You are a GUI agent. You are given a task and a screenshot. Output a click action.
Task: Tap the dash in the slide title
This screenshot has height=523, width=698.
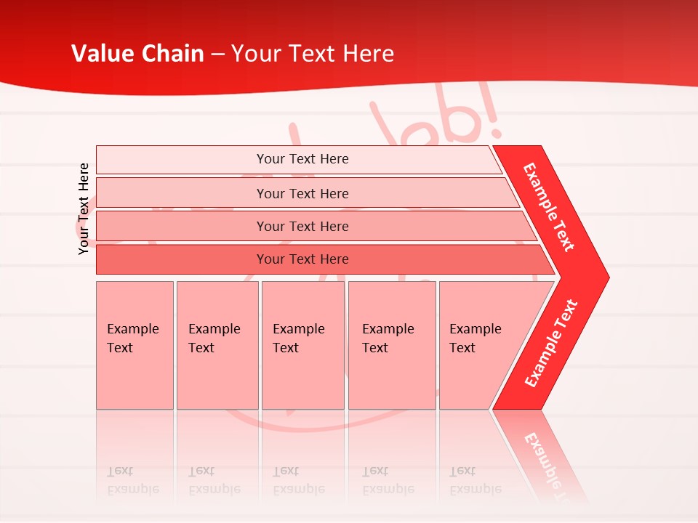click(x=217, y=54)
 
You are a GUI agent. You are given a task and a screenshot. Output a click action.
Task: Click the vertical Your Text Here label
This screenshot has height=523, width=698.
click(x=84, y=208)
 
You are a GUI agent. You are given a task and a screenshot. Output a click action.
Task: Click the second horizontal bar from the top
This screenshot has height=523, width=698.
click(x=302, y=193)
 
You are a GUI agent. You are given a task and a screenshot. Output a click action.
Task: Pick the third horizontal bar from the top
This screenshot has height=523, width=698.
click(x=302, y=226)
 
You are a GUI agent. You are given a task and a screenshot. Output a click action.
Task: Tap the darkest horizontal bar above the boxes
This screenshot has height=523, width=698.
click(x=302, y=259)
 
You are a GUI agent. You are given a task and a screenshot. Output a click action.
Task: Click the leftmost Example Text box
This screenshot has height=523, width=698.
click(x=135, y=345)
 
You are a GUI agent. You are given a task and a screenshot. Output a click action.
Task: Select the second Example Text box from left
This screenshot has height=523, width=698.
click(x=217, y=345)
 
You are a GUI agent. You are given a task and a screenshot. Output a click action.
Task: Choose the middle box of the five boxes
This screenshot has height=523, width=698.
click(x=302, y=345)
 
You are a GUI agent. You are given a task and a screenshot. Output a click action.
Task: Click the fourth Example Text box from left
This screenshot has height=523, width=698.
click(x=391, y=345)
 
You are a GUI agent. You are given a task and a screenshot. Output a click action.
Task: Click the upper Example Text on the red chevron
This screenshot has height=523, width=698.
click(x=549, y=207)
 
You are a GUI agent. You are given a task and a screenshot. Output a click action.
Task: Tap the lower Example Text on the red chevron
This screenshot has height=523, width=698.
click(x=551, y=343)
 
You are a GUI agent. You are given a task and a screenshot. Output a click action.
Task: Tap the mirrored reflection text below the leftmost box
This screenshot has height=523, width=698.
click(x=133, y=480)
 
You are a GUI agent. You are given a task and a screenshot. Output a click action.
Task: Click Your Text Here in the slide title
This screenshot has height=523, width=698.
click(x=313, y=54)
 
